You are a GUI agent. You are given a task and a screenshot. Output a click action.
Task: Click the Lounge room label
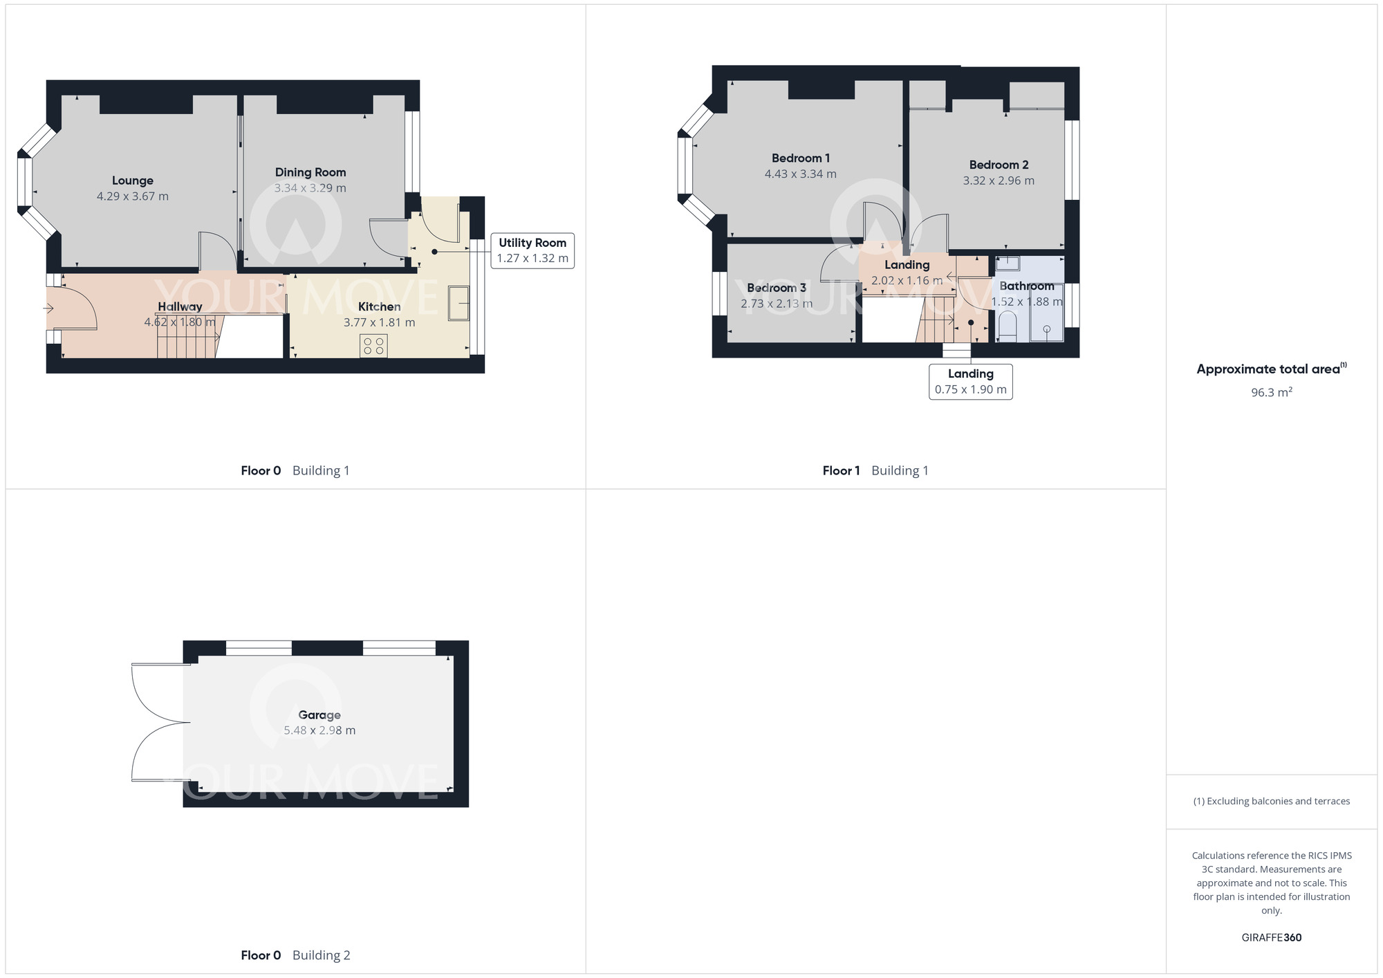[132, 181]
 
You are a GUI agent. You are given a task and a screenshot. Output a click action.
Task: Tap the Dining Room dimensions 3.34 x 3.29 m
[310, 188]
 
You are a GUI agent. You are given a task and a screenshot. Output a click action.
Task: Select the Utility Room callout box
[532, 250]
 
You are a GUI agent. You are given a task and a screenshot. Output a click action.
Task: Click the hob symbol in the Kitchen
[373, 346]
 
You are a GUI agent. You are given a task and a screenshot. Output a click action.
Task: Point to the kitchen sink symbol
[458, 303]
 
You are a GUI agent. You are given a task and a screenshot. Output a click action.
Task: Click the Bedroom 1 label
[800, 158]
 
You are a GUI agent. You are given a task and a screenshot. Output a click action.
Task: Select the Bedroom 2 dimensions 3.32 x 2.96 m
[998, 181]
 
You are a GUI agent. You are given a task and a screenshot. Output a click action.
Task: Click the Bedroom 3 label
[776, 288]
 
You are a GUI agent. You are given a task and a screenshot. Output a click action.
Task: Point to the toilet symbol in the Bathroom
[1008, 326]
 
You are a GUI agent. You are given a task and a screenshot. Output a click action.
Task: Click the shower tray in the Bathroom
[1046, 312]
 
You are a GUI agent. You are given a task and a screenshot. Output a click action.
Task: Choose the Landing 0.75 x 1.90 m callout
[970, 382]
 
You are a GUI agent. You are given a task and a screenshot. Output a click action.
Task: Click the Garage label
[319, 715]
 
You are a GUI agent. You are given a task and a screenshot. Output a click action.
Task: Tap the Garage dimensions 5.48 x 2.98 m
[319, 730]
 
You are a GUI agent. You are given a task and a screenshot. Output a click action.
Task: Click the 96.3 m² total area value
[1271, 392]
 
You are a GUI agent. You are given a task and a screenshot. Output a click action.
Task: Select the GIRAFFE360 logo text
[1271, 938]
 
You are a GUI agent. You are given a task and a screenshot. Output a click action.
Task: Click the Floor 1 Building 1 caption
[875, 471]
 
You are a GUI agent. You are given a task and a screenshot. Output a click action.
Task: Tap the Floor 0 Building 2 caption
[295, 955]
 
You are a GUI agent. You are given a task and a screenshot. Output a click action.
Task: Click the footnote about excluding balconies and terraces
[1271, 802]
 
